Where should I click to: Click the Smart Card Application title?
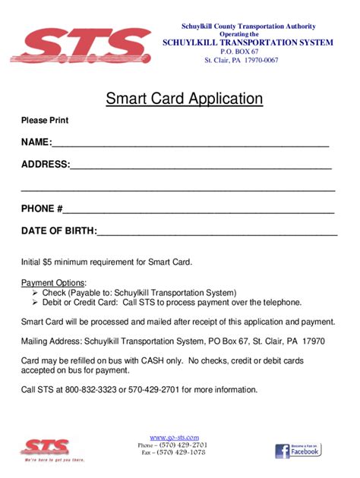pos(184,99)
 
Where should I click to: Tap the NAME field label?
pos(35,142)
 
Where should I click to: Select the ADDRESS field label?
pos(45,164)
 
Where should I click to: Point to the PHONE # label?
pos(42,209)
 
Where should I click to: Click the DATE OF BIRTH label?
pos(58,231)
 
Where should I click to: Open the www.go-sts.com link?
pos(174,438)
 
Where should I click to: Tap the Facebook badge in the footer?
pos(297,449)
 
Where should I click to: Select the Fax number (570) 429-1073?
pos(182,452)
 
